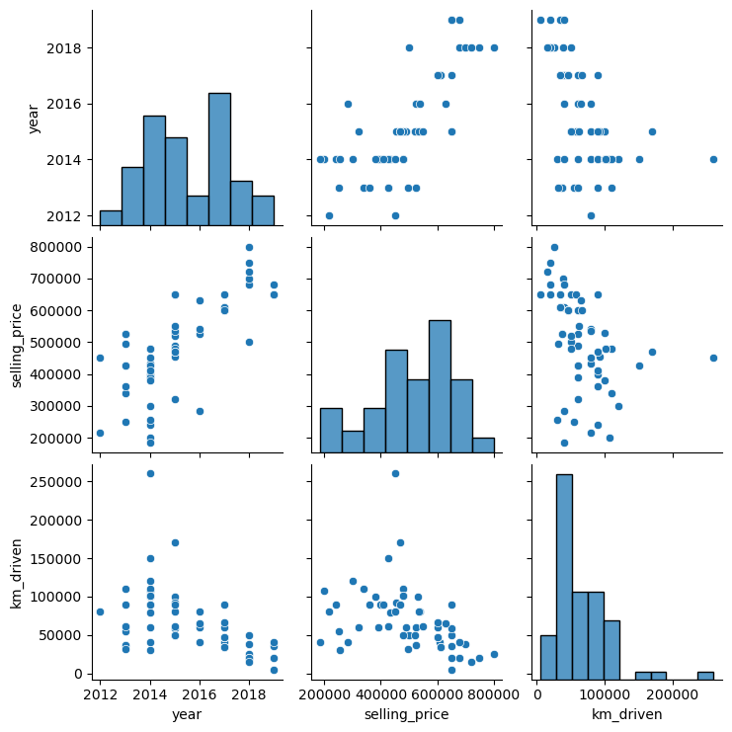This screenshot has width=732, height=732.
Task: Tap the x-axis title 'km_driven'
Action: pyautogui.click(x=627, y=712)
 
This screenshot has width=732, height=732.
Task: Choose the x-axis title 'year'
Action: pyautogui.click(x=187, y=712)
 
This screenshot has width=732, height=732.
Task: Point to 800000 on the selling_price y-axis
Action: pyautogui.click(x=63, y=247)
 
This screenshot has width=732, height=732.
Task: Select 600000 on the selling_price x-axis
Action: pyautogui.click(x=438, y=691)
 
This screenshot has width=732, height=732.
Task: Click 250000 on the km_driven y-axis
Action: pyautogui.click(x=63, y=480)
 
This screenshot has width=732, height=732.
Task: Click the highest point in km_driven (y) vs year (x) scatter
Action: pyautogui.click(x=150, y=473)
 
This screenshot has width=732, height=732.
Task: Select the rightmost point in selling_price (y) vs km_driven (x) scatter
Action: pyautogui.click(x=713, y=358)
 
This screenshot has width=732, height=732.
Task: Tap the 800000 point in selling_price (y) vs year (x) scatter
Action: pyautogui.click(x=249, y=247)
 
